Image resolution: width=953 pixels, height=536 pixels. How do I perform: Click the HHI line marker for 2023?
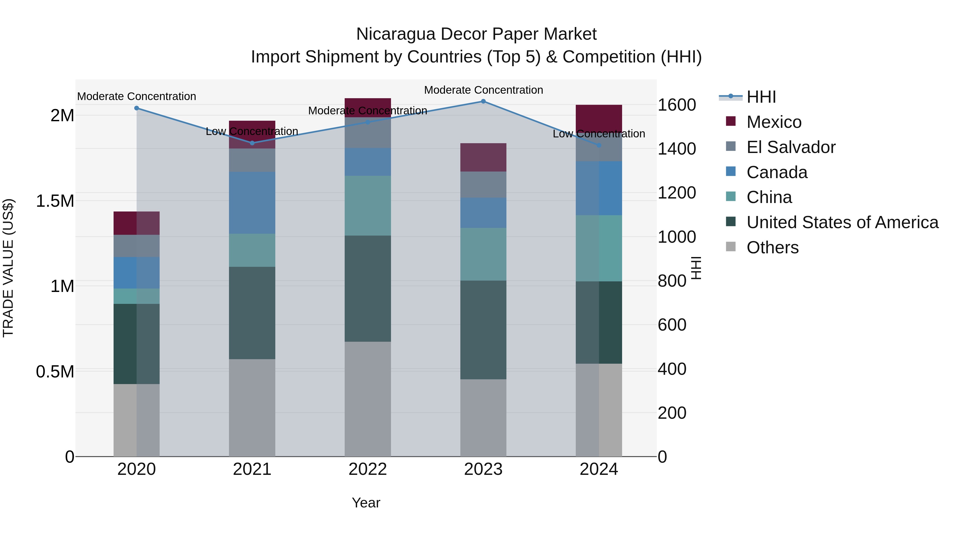point(483,101)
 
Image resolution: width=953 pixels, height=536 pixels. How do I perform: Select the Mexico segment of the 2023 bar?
point(483,157)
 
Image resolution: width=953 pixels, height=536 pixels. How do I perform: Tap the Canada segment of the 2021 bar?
point(252,203)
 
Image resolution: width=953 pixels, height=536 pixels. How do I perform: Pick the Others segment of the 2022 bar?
point(368,399)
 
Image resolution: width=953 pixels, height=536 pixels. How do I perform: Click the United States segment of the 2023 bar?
point(483,330)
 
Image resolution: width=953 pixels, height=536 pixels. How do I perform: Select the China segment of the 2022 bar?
point(368,206)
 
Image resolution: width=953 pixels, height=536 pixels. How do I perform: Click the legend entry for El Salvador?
point(790,147)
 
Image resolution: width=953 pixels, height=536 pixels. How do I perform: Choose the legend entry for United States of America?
point(842,222)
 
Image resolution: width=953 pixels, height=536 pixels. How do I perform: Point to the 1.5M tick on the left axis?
point(55,201)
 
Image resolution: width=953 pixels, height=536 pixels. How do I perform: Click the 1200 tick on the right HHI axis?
point(677,193)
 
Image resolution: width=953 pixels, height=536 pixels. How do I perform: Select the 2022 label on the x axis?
point(368,469)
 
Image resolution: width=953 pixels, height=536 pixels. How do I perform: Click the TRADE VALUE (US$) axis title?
point(8,268)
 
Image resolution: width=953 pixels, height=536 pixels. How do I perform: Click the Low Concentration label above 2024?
point(599,134)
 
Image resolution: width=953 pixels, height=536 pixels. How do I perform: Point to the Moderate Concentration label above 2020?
point(137,97)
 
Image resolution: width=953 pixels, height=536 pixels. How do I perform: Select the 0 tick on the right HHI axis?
point(663,457)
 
